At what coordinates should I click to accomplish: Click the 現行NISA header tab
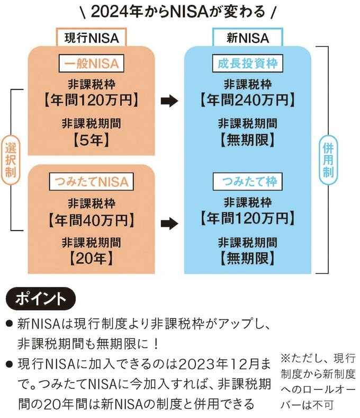tap(92, 38)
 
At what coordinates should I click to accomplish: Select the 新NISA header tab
tap(248, 38)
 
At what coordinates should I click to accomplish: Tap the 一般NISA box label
tap(91, 65)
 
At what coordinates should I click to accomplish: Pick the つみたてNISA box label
tap(91, 182)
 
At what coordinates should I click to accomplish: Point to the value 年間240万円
tap(247, 99)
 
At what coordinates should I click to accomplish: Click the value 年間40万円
tap(91, 218)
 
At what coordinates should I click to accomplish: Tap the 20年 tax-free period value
tap(91, 259)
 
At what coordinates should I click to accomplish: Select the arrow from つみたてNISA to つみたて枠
tap(169, 223)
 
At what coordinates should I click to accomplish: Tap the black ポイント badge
tap(41, 298)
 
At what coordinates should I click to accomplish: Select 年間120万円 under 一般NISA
tap(91, 99)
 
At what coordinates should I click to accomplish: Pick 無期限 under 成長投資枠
tap(247, 140)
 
